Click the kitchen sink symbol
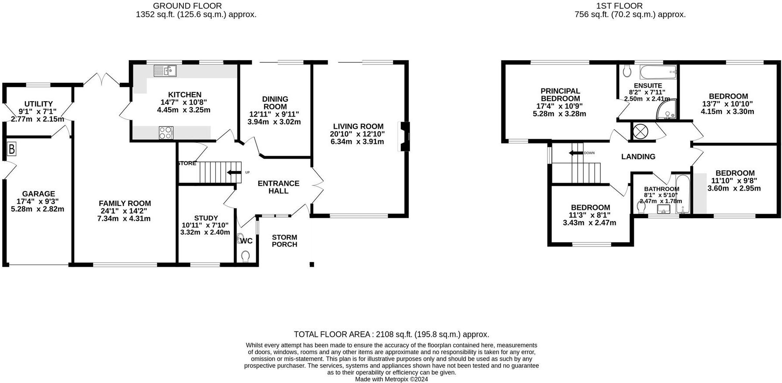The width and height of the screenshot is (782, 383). coord(165,70)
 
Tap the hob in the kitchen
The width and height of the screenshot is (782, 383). coord(166,133)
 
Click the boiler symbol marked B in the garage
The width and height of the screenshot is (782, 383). coord(12,150)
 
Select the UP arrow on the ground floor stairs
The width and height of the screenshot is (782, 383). coord(234,172)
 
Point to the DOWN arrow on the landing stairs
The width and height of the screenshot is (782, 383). coord(576,153)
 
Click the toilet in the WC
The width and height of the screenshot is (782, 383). coord(246,256)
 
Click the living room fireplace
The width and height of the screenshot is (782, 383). coord(404,136)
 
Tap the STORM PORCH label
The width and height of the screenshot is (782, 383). coord(284,241)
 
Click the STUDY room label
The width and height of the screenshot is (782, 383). coord(206,218)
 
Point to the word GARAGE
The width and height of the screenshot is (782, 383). coord(39,194)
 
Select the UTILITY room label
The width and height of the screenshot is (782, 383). coord(38,104)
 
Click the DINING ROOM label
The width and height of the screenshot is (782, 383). coord(275,103)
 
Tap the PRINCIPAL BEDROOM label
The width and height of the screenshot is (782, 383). coord(560,95)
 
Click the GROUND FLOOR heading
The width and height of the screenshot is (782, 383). coord(187,6)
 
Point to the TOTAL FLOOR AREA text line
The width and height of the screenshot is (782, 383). coord(391,335)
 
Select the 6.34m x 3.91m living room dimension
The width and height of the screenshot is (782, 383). coord(357,141)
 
